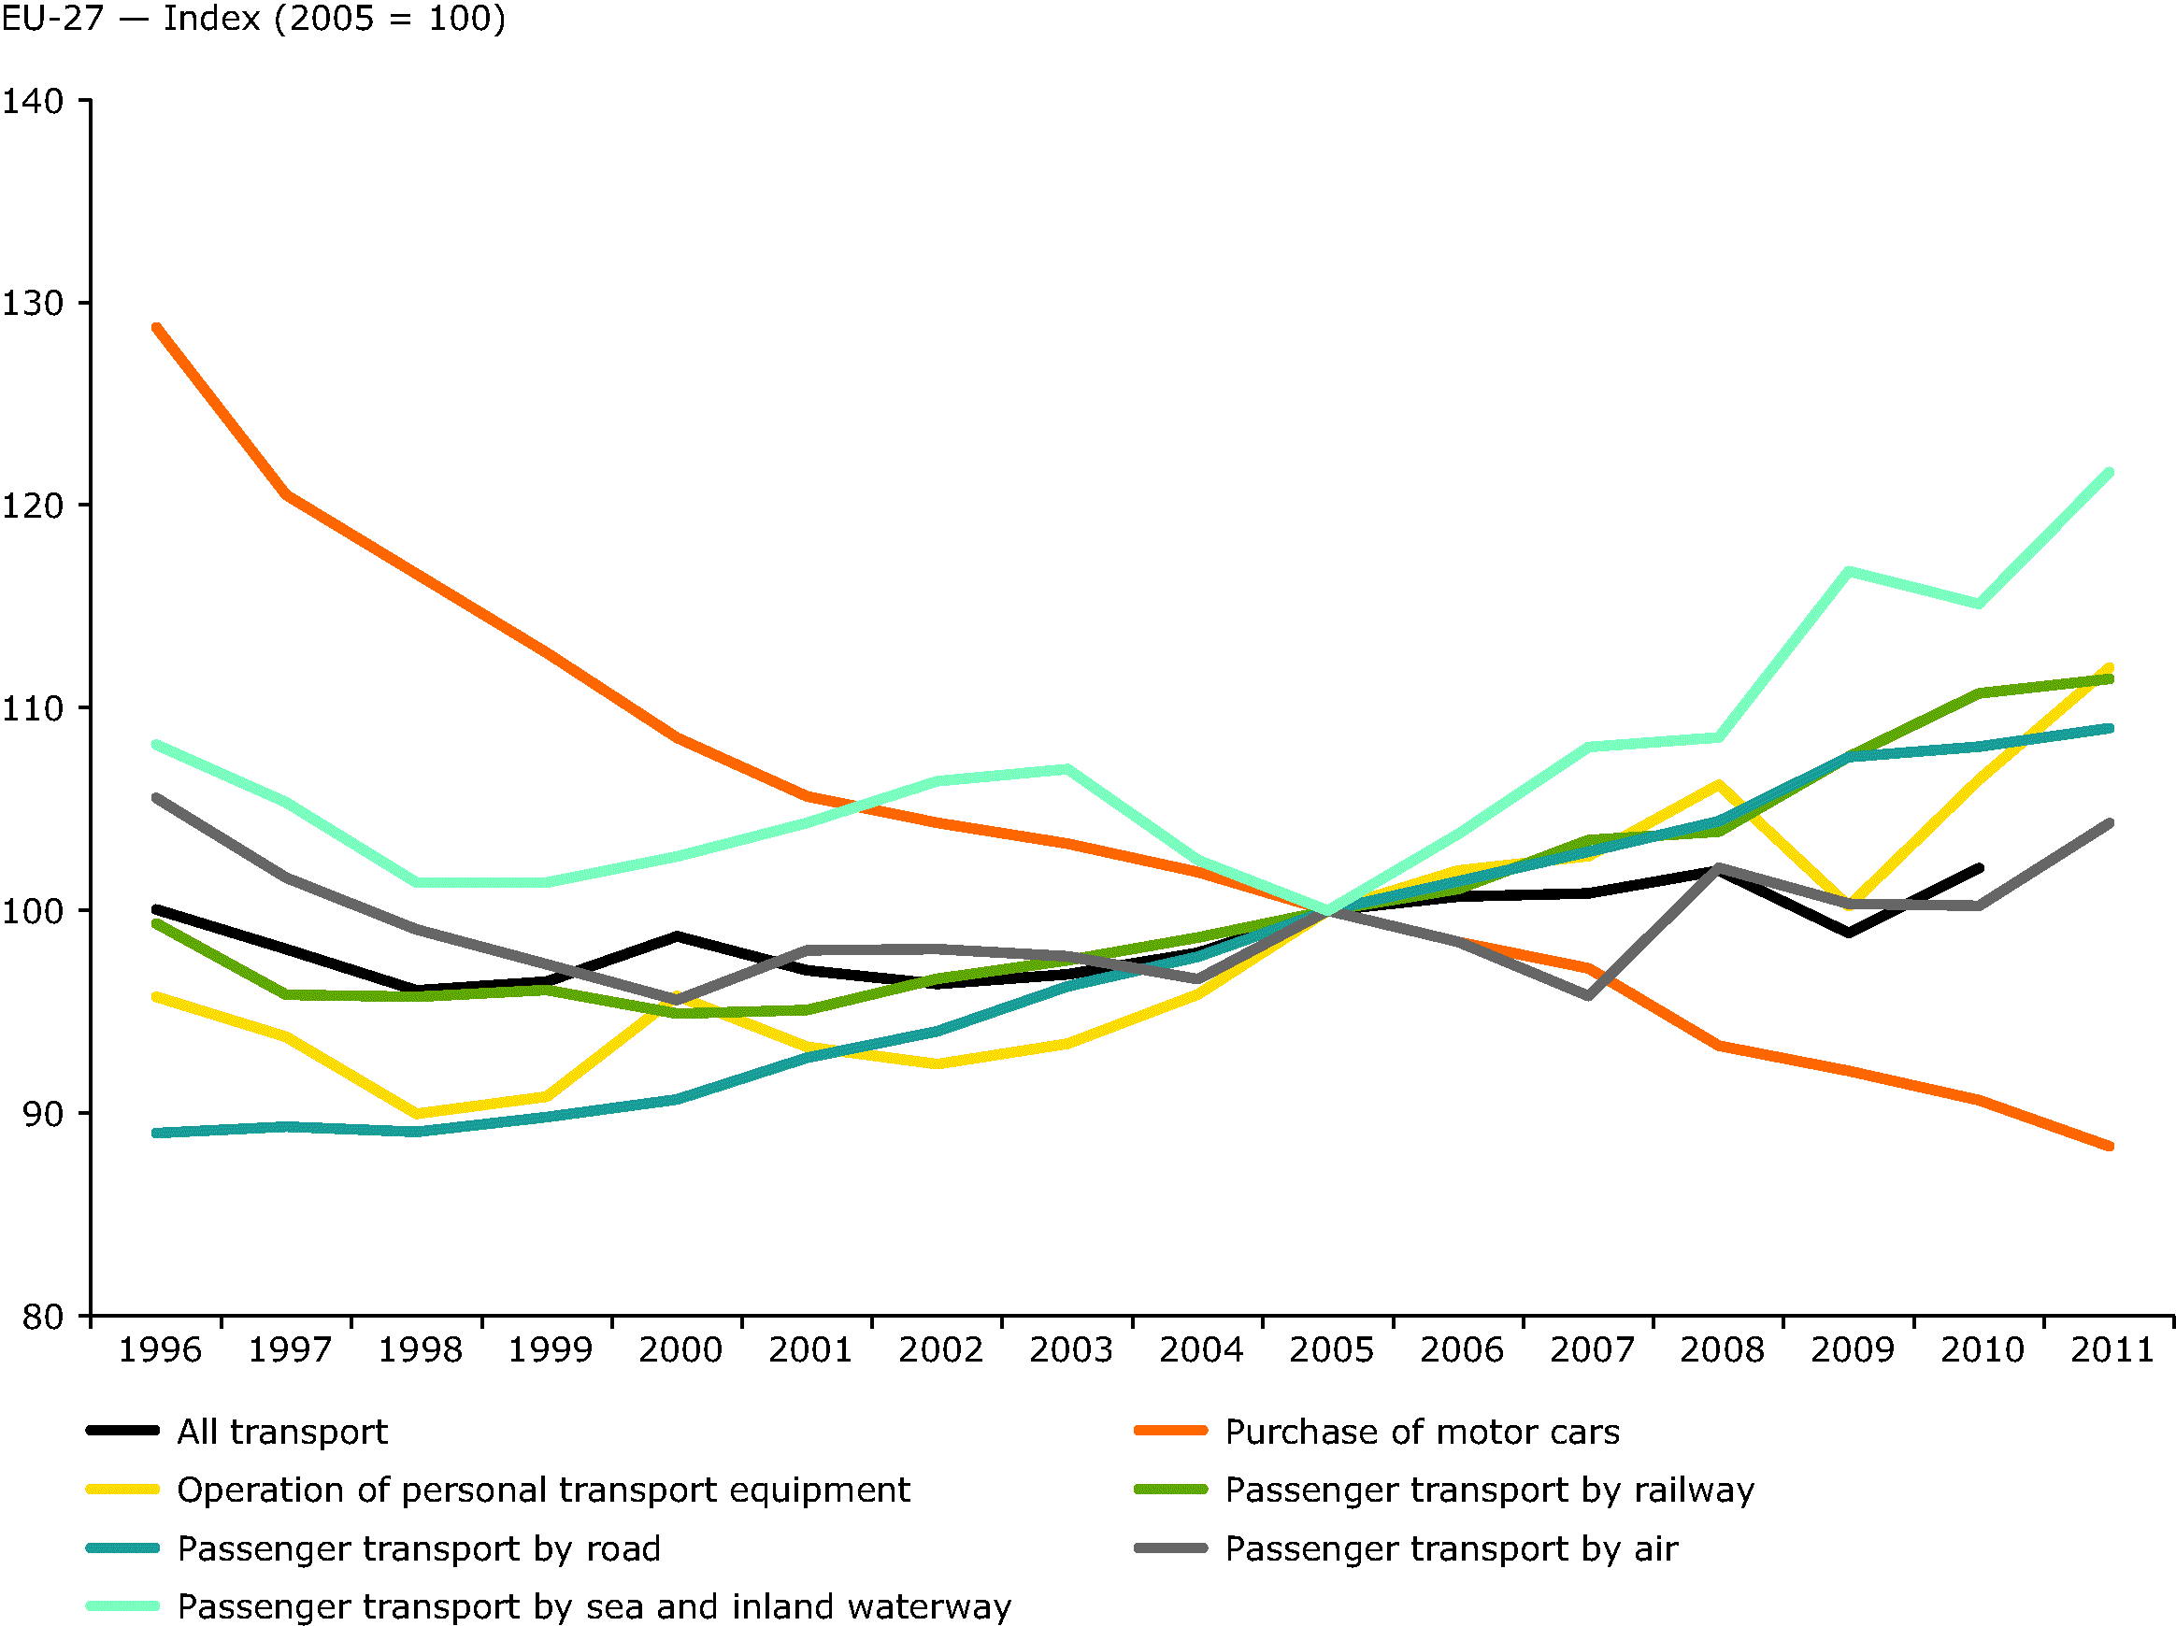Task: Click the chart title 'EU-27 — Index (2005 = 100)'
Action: tap(254, 19)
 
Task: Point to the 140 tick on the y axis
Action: tap(33, 100)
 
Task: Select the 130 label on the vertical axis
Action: tap(33, 303)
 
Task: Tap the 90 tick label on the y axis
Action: tap(42, 1114)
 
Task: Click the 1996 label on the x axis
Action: tap(159, 1349)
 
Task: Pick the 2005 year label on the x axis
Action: tap(1330, 1349)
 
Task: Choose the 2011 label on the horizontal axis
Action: tap(2112, 1349)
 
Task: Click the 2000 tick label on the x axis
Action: tap(680, 1349)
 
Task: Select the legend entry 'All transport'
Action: tap(282, 1433)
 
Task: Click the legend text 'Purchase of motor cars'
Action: tap(1422, 1433)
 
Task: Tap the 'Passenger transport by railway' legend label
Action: tap(1488, 1490)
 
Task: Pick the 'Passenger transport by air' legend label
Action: tap(1451, 1549)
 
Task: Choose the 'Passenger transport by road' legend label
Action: tap(418, 1549)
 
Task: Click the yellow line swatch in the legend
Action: tap(123, 1490)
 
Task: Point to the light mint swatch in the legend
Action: tap(123, 1606)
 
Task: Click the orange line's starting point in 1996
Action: tap(157, 328)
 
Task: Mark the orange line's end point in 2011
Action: tap(2110, 1146)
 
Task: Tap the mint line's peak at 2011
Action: tap(2110, 473)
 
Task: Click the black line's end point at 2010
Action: tap(1980, 868)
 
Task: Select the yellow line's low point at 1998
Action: tap(418, 1115)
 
